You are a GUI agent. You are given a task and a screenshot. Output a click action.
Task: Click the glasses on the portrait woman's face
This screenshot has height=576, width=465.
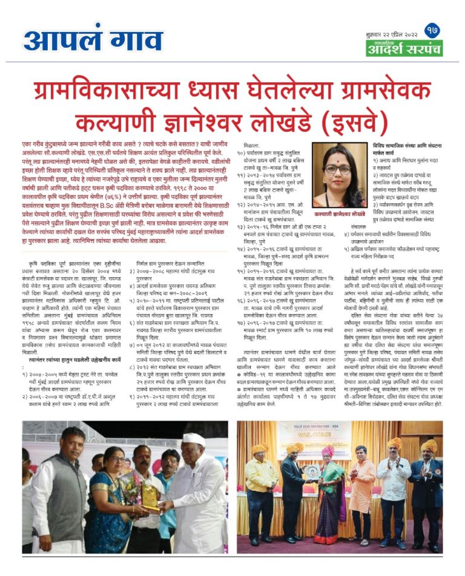(337, 170)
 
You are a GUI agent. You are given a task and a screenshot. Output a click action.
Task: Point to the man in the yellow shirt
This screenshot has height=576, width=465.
(261, 496)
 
